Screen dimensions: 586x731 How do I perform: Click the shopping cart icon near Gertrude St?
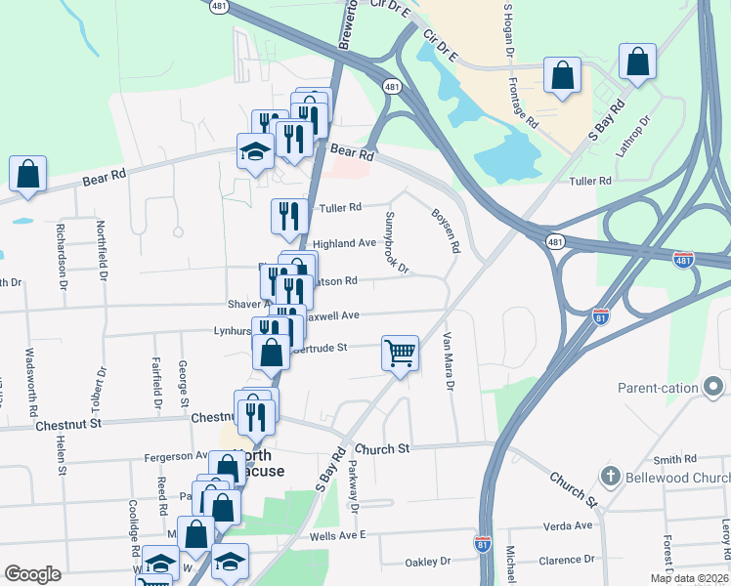(x=401, y=353)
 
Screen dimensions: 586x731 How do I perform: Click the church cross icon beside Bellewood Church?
(x=610, y=477)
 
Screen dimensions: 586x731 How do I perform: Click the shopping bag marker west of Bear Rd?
(x=28, y=175)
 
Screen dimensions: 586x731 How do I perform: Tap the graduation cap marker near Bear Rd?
(x=255, y=151)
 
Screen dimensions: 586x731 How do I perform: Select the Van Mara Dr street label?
(x=450, y=361)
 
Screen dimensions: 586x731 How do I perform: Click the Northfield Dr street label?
(x=101, y=250)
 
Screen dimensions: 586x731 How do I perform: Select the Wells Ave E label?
(x=336, y=534)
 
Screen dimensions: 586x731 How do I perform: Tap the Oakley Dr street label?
(x=429, y=562)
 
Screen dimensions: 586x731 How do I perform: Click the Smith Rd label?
(x=674, y=458)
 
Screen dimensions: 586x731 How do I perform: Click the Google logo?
(x=32, y=574)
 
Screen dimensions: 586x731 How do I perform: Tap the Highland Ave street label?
(x=344, y=243)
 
